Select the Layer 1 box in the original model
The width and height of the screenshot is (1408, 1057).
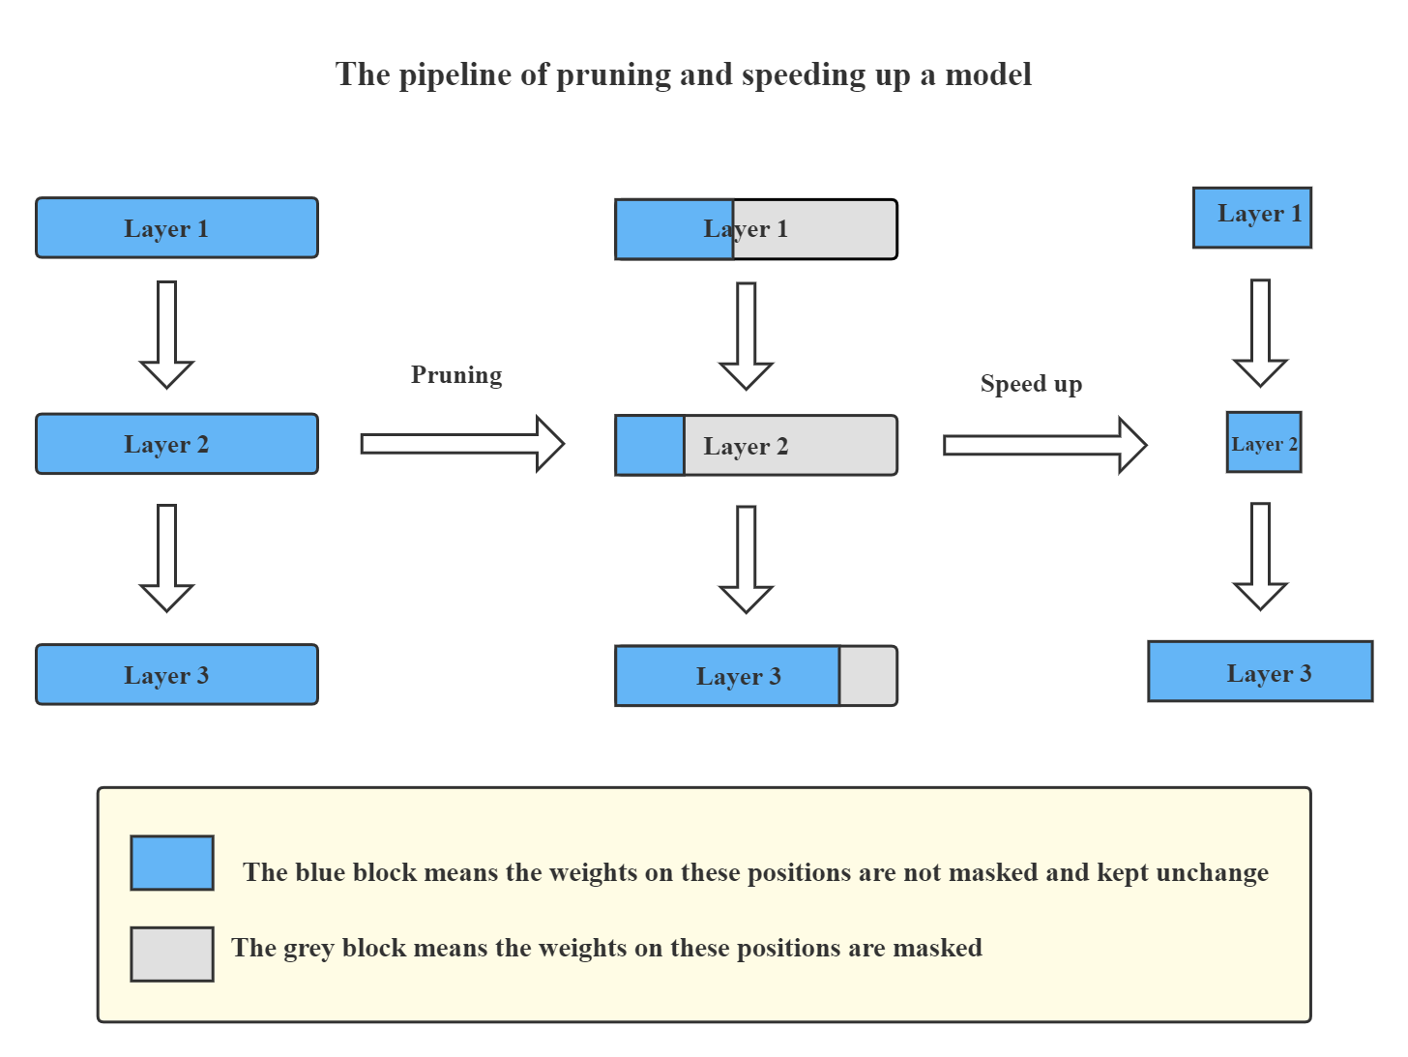click(177, 228)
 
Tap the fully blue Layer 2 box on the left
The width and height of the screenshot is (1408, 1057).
click(177, 444)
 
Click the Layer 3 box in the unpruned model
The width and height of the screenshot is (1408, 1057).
click(177, 675)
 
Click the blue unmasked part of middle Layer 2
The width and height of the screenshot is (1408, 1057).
click(650, 446)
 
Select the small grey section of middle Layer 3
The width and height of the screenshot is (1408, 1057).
click(867, 676)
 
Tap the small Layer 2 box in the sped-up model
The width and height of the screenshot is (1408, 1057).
click(1263, 443)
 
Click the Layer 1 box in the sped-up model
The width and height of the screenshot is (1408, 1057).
click(1252, 218)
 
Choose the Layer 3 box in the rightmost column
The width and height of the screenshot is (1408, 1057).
click(1260, 671)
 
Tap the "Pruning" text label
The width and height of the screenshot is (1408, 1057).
click(456, 375)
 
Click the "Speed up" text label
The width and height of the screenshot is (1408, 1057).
click(1031, 384)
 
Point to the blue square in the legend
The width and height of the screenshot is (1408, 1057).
click(172, 863)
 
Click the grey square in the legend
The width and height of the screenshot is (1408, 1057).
click(172, 954)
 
